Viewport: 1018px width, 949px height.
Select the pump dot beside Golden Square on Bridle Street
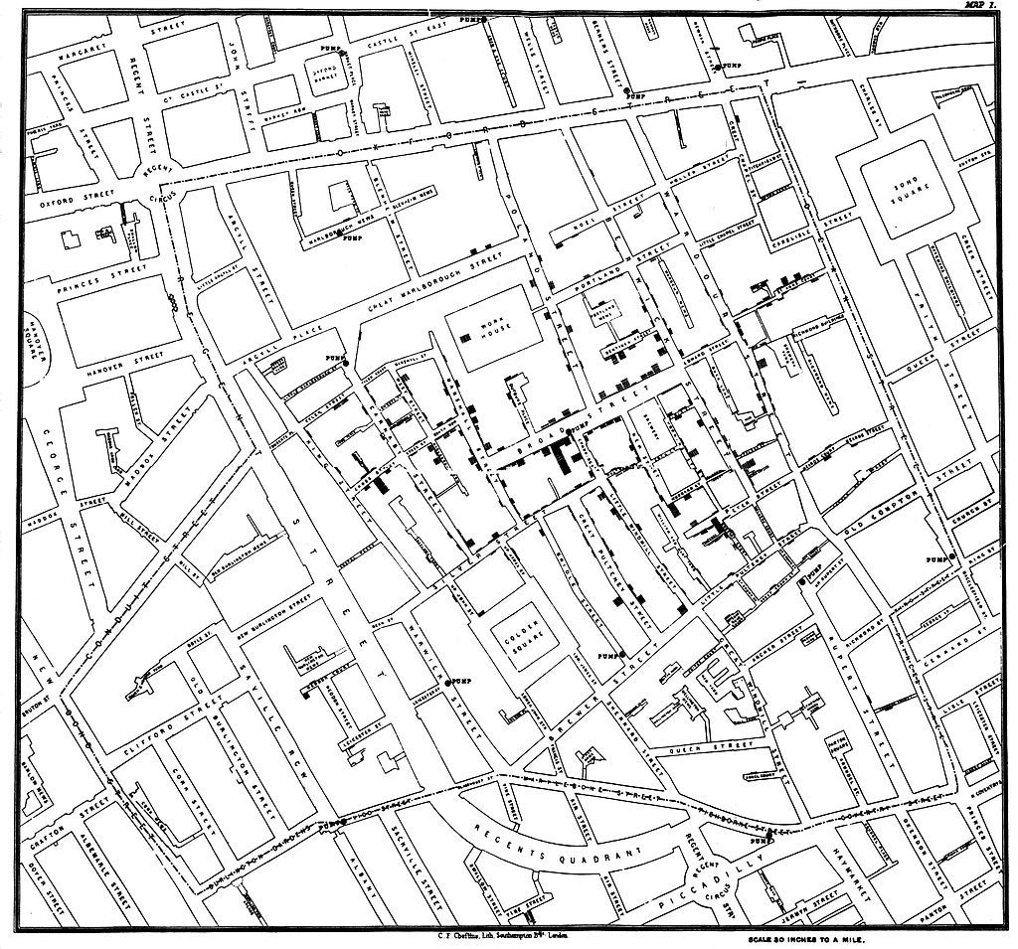[618, 656]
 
